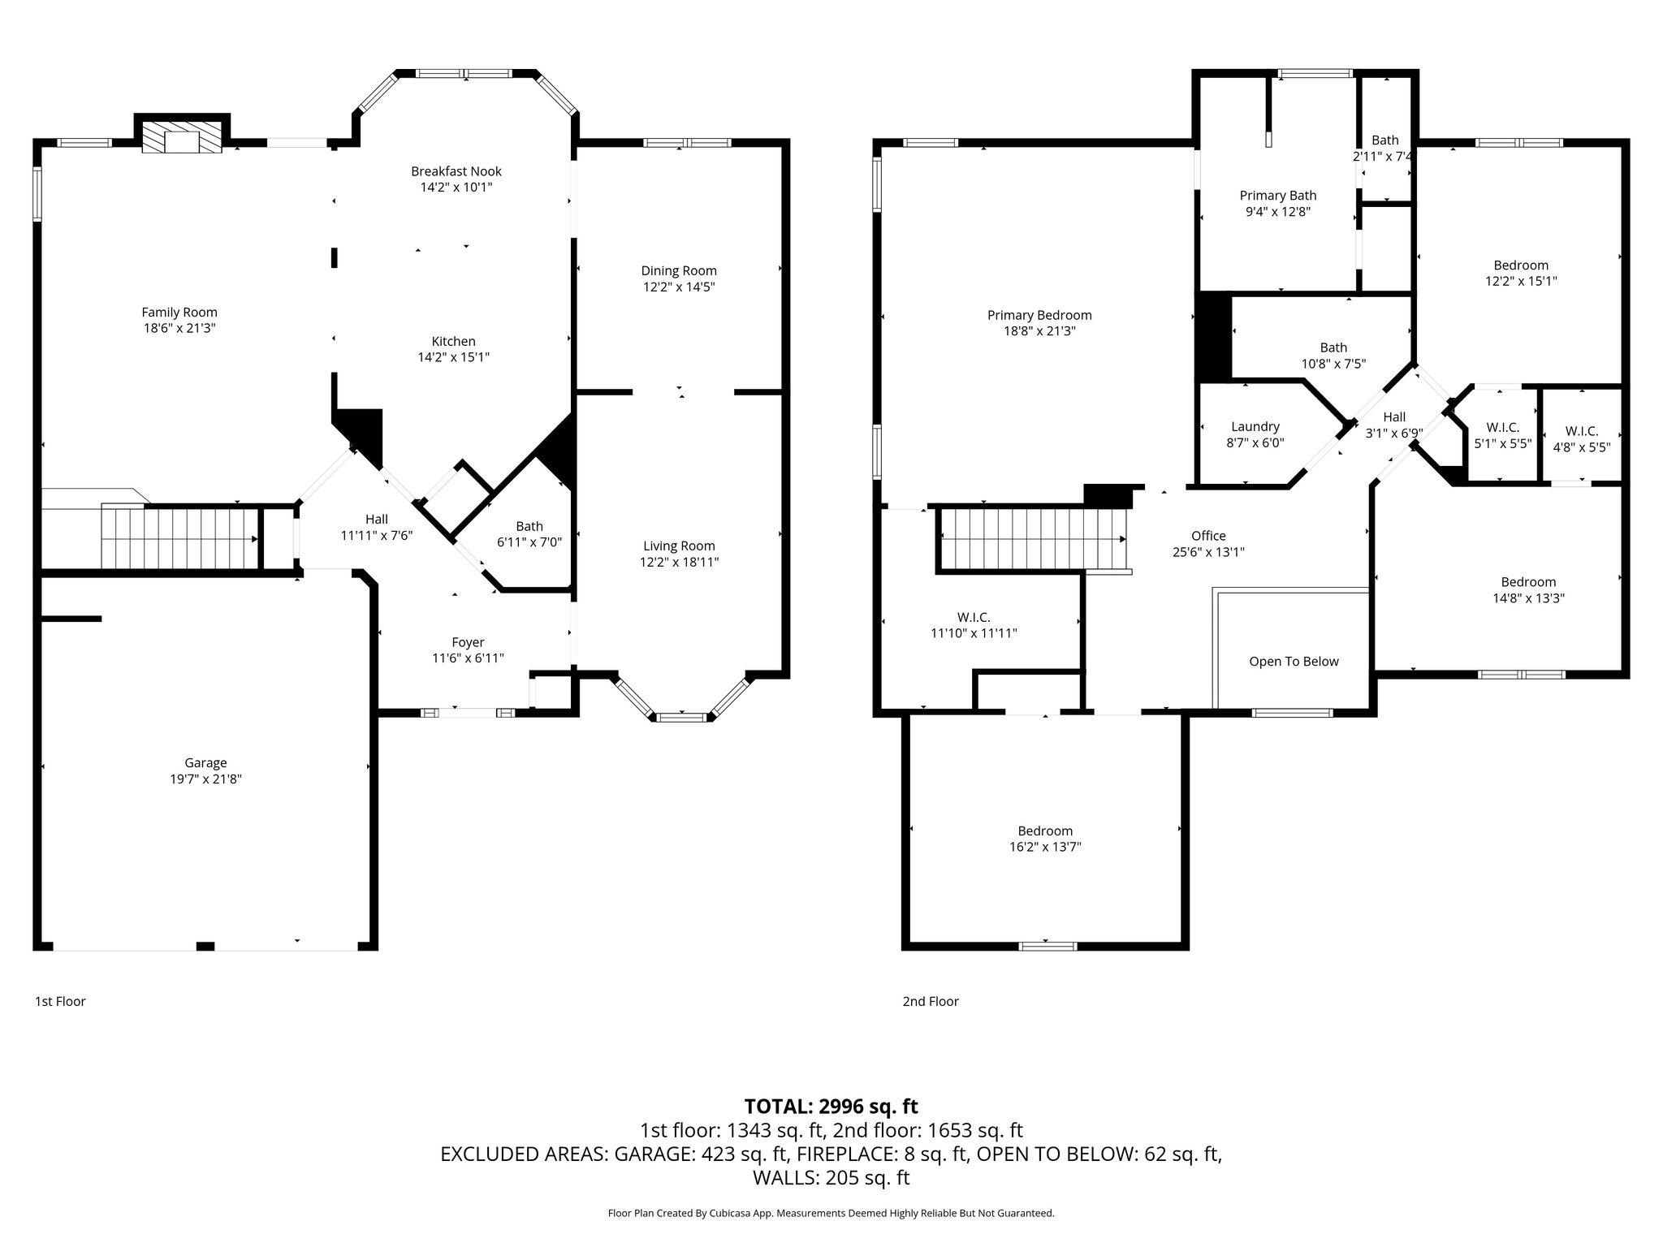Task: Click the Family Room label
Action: tap(179, 313)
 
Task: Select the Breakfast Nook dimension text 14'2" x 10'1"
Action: tap(456, 187)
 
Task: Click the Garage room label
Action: tap(205, 763)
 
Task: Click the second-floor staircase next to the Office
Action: tap(1033, 539)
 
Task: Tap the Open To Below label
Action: tap(1294, 662)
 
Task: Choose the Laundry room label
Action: tap(1255, 427)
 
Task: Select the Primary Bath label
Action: tap(1278, 196)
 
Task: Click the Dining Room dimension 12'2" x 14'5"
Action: tap(679, 287)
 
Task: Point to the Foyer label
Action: tap(468, 643)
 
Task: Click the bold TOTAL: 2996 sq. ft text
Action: tap(831, 1107)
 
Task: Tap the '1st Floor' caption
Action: tap(60, 1002)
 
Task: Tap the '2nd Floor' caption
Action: tap(931, 1002)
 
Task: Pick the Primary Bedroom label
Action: tap(1039, 316)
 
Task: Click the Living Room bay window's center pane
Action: tap(681, 718)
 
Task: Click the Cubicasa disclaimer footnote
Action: tap(831, 1214)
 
